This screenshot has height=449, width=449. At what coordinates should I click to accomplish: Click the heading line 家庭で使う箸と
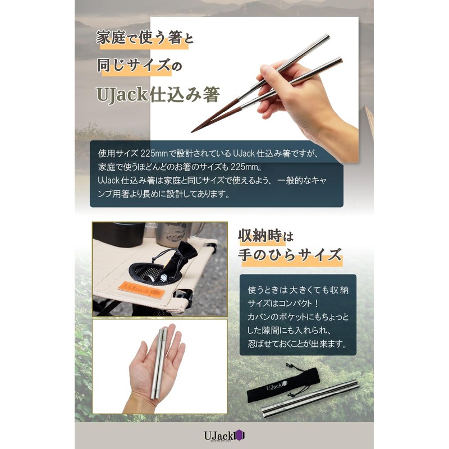point(145,40)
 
